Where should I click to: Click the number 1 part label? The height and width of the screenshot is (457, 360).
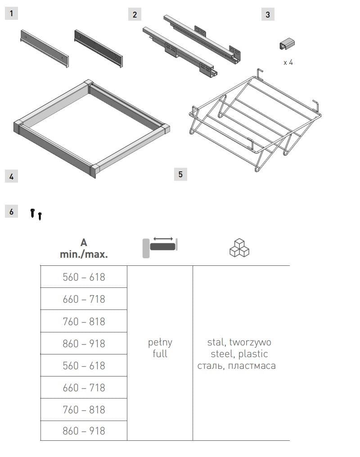pos(11,13)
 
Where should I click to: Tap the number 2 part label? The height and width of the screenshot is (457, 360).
pos(135,14)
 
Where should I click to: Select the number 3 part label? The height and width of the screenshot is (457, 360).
pos(268,14)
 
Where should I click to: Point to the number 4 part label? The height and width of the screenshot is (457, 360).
pos(11,176)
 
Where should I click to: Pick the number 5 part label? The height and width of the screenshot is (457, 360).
pos(180,174)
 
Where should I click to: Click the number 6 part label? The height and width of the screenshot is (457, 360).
pos(11,211)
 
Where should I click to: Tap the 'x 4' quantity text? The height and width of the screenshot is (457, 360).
pos(288,63)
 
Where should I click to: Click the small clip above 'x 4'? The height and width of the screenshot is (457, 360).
pos(287,44)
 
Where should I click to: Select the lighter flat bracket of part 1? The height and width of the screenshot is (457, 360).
pos(45,49)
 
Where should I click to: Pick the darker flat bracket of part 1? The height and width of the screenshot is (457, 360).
pos(99,49)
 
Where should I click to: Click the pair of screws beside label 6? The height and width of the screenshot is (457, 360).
pos(36,214)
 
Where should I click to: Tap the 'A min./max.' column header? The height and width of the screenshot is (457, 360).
pos(84,248)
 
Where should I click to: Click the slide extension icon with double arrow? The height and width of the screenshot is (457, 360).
pos(160,247)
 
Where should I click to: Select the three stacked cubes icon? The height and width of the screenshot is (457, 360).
pos(239,248)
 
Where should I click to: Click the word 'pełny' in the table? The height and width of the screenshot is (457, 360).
pos(160,342)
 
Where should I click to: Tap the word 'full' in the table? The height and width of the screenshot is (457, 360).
pos(160,354)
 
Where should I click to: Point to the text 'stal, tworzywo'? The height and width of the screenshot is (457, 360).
pos(239,342)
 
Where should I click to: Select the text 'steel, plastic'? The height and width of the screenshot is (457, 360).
pos(239,354)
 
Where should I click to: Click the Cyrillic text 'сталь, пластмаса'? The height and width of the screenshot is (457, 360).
pos(236,366)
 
